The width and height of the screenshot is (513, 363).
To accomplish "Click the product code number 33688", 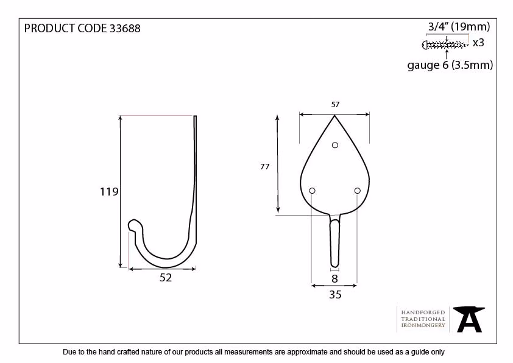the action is [125, 29].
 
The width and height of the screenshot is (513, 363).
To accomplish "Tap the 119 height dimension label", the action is [109, 192].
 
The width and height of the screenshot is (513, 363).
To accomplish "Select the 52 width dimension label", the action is [166, 278].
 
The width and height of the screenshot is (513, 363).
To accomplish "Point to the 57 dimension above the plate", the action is [335, 104].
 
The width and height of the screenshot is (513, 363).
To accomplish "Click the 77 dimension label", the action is [265, 166].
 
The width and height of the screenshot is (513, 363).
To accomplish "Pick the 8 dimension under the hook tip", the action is [334, 278].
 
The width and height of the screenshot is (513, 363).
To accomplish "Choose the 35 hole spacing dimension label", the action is [335, 295].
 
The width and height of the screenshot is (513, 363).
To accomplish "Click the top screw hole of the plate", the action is [334, 145].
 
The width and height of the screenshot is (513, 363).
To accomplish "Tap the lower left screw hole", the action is [312, 191].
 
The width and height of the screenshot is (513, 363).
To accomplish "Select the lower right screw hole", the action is [357, 191].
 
